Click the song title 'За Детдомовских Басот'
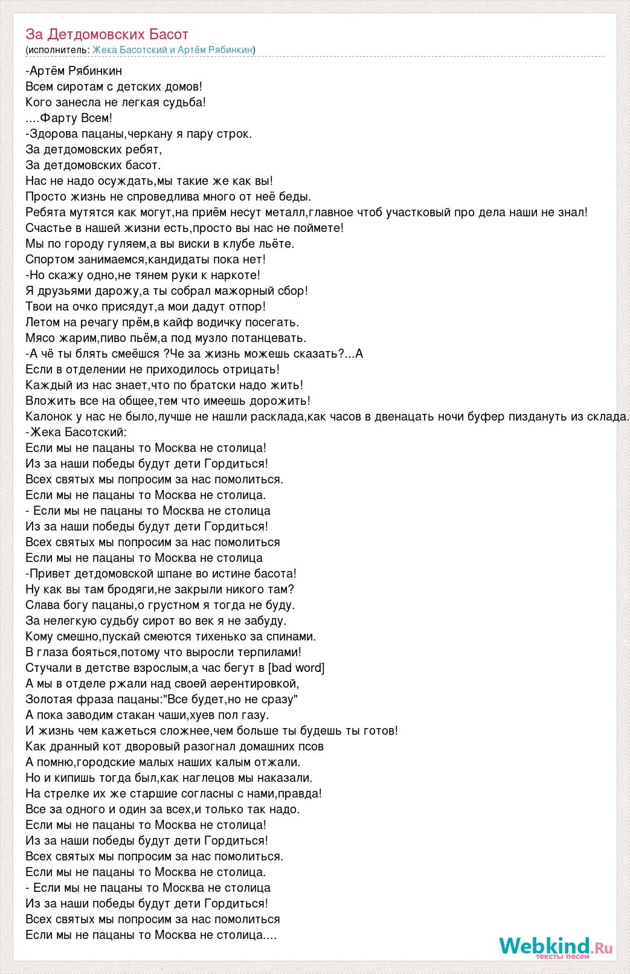coord(107,34)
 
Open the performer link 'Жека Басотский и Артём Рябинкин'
coord(172,50)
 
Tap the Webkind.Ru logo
coord(556,947)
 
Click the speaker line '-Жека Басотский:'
coord(77,432)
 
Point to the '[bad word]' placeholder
coord(296,668)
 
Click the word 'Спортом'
coord(48,259)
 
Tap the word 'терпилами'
coord(272,652)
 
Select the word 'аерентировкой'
coord(254,683)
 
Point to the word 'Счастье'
coord(48,228)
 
